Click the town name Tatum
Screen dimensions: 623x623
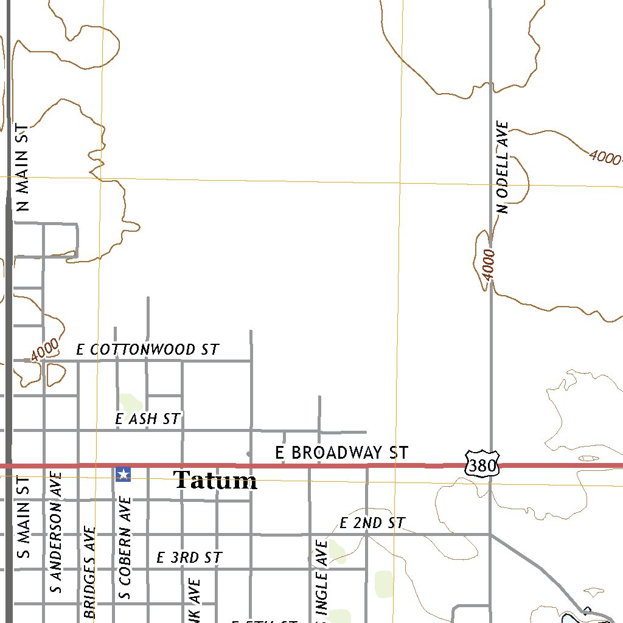coord(215,481)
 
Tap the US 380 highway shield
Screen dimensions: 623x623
coord(482,463)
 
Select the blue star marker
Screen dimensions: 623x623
coord(123,474)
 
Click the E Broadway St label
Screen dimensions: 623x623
coord(341,453)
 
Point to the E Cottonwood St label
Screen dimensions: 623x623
coord(147,350)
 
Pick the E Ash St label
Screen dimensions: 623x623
coord(148,419)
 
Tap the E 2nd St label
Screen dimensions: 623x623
coord(372,523)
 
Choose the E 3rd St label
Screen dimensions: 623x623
coord(189,557)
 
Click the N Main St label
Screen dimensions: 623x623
coord(23,168)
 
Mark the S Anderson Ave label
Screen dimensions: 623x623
coord(56,531)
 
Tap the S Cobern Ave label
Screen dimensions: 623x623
coord(125,548)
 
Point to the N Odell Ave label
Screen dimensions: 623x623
coord(503,167)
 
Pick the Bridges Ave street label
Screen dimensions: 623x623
coord(90,572)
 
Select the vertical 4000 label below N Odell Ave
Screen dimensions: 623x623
coord(489,265)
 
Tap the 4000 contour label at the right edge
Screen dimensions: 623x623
coord(605,158)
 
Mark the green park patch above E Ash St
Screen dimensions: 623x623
coord(130,403)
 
